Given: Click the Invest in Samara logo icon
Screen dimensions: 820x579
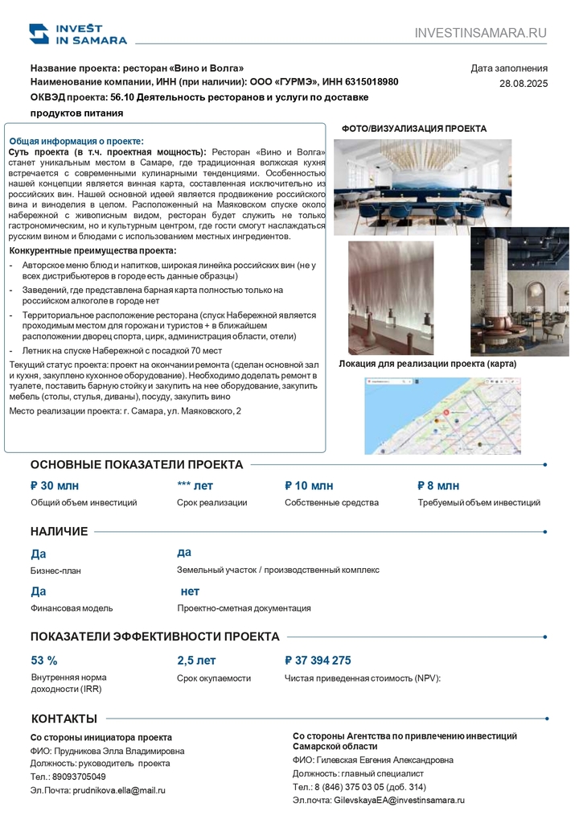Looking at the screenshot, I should coord(39,33).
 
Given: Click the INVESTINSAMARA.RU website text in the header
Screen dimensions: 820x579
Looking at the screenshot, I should coord(480,33).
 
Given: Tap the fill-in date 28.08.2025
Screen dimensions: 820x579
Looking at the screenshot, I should coord(523,83).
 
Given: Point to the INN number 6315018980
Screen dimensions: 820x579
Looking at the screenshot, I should coord(368,81).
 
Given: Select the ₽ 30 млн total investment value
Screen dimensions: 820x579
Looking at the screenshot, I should coord(55,485).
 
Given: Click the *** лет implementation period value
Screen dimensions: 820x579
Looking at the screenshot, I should coord(195,485).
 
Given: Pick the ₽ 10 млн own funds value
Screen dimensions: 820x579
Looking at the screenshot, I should coord(309,485).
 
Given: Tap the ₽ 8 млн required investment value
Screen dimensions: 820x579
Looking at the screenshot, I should coord(438,485).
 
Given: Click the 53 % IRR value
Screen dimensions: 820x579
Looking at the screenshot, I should coord(44,661).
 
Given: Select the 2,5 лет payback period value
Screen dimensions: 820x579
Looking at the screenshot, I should coord(196,661).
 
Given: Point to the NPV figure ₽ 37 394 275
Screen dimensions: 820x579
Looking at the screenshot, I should coord(318,661).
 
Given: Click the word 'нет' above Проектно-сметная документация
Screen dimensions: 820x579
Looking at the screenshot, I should coord(191,591).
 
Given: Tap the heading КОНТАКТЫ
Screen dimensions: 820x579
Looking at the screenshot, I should coord(64,719).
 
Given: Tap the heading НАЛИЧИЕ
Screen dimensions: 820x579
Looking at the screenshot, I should coord(60,531).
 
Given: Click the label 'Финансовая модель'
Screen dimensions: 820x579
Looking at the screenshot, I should coord(72,608).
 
